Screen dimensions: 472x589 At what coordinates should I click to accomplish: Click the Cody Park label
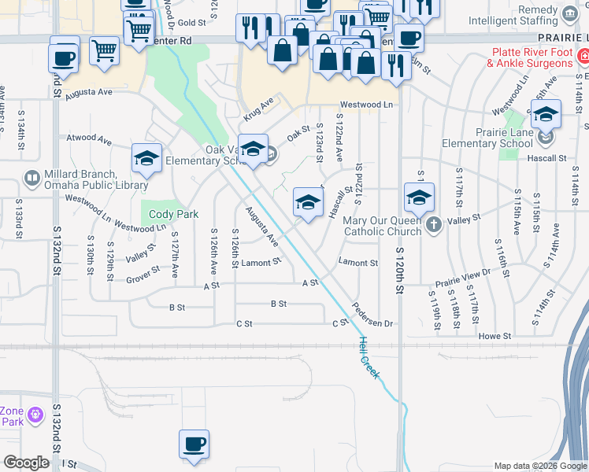(x=173, y=214)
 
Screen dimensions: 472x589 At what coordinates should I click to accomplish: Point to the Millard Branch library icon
(x=32, y=179)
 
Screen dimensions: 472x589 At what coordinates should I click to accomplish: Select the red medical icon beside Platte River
(x=583, y=57)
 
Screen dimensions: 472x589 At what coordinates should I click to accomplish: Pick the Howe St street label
(x=495, y=336)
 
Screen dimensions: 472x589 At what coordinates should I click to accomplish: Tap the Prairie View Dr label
(x=462, y=276)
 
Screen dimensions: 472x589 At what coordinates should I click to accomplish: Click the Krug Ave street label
(x=257, y=109)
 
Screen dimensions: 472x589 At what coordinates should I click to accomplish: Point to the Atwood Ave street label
(x=89, y=138)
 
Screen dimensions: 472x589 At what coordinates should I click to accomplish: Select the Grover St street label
(x=143, y=272)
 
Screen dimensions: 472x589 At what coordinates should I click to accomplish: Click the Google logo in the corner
(x=26, y=463)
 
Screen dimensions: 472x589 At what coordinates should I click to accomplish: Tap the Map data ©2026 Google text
(x=540, y=466)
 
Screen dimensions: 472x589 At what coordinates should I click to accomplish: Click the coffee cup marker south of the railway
(x=194, y=445)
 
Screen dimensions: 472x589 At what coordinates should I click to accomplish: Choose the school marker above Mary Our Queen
(x=420, y=197)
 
